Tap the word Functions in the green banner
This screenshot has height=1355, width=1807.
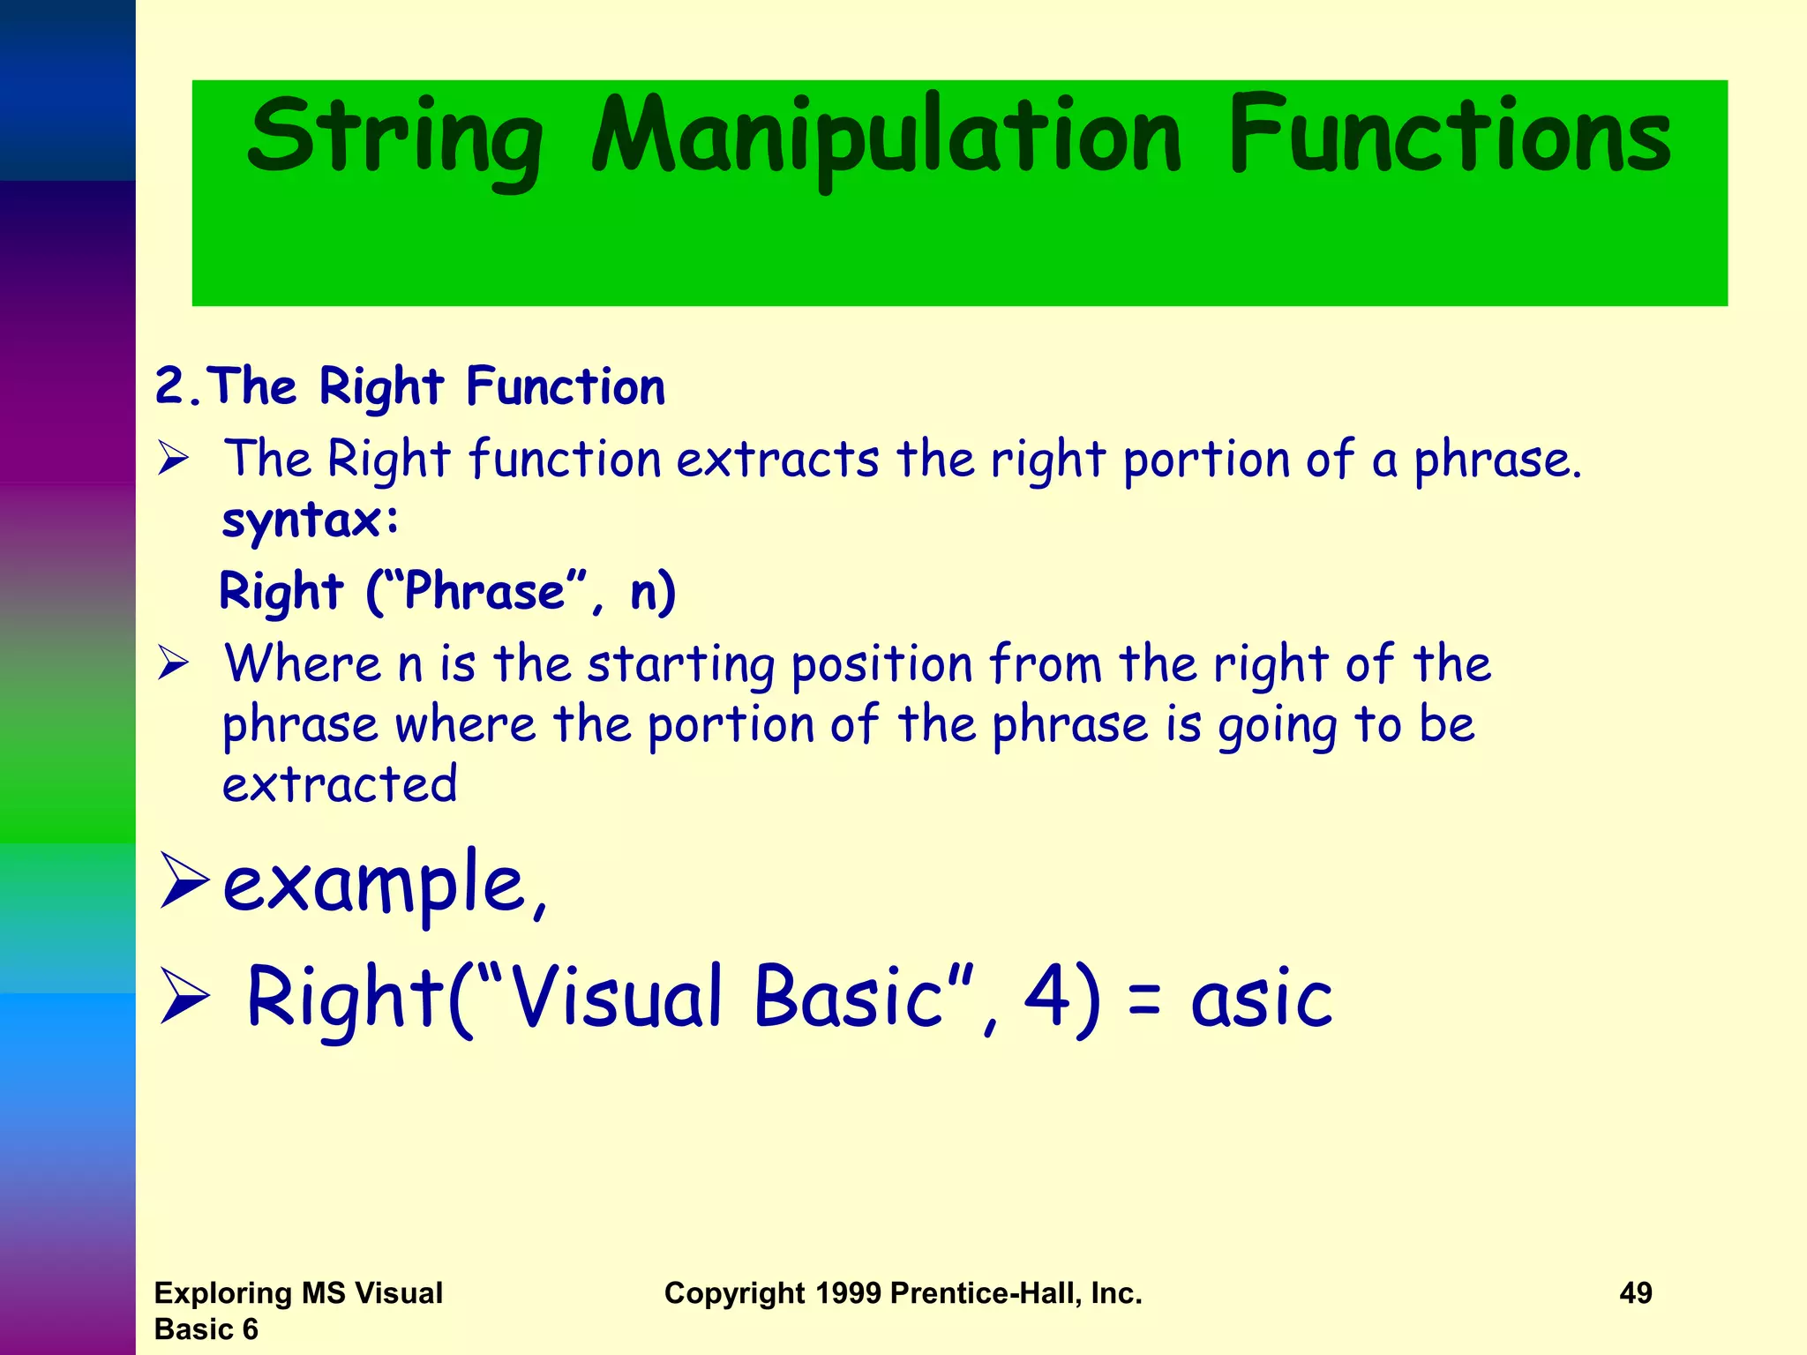[x=1449, y=137]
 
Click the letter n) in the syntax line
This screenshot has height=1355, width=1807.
[x=653, y=592]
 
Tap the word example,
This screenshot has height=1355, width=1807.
[x=385, y=884]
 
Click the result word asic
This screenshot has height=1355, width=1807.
[x=1262, y=998]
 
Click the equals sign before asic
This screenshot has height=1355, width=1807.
[x=1144, y=1002]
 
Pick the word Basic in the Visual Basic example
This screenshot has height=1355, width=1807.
[x=848, y=996]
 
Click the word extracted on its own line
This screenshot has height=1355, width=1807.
[x=340, y=784]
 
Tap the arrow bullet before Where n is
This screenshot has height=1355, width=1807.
[x=174, y=663]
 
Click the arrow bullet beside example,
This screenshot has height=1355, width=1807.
[x=184, y=880]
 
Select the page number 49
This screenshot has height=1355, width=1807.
[x=1635, y=1293]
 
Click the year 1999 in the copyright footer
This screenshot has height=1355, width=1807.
[x=848, y=1293]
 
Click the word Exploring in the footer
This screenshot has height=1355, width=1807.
[x=223, y=1293]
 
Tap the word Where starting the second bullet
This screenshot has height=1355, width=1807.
[x=303, y=663]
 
